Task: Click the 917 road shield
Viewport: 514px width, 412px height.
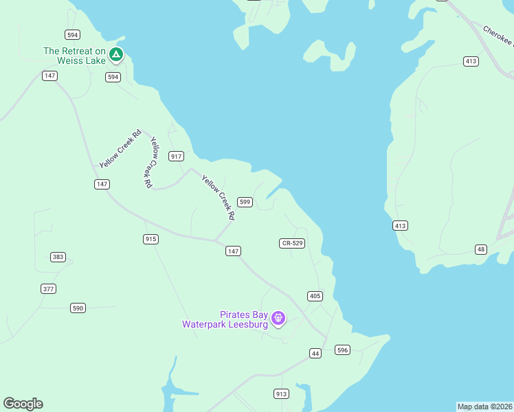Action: point(177,157)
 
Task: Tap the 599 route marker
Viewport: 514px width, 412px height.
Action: point(245,202)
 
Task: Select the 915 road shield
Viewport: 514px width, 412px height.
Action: point(151,239)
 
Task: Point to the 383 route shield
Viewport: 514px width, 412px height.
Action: point(58,257)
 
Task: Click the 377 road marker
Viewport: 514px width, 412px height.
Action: point(48,288)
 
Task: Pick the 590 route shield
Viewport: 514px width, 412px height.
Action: point(78,308)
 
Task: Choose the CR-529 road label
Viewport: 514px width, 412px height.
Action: point(292,243)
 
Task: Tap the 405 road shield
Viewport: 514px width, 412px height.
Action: point(315,296)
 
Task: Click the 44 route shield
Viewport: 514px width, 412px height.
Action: point(315,353)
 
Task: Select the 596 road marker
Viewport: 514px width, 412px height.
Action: point(343,350)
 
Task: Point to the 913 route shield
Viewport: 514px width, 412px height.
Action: point(281,393)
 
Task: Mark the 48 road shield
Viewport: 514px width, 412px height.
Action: point(480,249)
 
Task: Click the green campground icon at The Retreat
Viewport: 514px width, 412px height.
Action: point(116,54)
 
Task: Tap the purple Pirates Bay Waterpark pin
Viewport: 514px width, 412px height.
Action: point(278,318)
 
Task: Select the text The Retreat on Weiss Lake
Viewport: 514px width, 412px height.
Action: point(74,56)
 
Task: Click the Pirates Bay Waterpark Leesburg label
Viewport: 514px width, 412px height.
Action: point(225,319)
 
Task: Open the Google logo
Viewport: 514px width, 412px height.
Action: point(23,404)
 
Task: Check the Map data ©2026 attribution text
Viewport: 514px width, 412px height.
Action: point(484,407)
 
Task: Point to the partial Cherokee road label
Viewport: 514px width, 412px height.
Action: point(498,36)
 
